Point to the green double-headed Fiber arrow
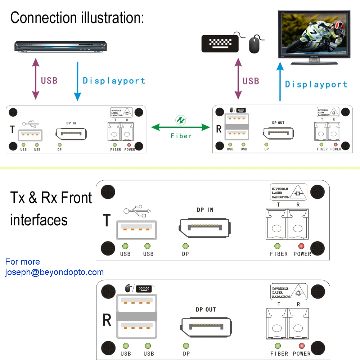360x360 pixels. (x=181, y=127)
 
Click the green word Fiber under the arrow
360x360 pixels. (x=181, y=136)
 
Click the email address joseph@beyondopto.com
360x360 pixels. (x=54, y=272)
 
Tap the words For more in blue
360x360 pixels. (x=23, y=262)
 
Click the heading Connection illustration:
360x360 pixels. (x=77, y=18)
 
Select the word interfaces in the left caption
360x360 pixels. (x=39, y=220)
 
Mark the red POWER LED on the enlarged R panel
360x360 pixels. (x=301, y=346)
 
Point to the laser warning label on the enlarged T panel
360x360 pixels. (x=289, y=192)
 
